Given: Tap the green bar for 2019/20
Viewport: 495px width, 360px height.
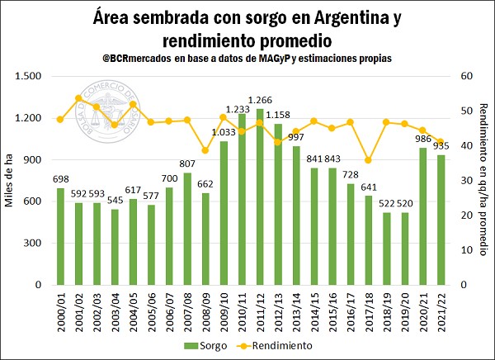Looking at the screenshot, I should (405, 249).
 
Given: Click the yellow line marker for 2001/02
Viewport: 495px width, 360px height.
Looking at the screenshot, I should (78, 98).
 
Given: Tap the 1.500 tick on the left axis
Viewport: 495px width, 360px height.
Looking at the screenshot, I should (28, 76).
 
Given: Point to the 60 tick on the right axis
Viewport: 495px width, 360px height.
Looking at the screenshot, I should (466, 76).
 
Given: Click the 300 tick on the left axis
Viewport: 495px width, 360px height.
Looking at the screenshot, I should (34, 243).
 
